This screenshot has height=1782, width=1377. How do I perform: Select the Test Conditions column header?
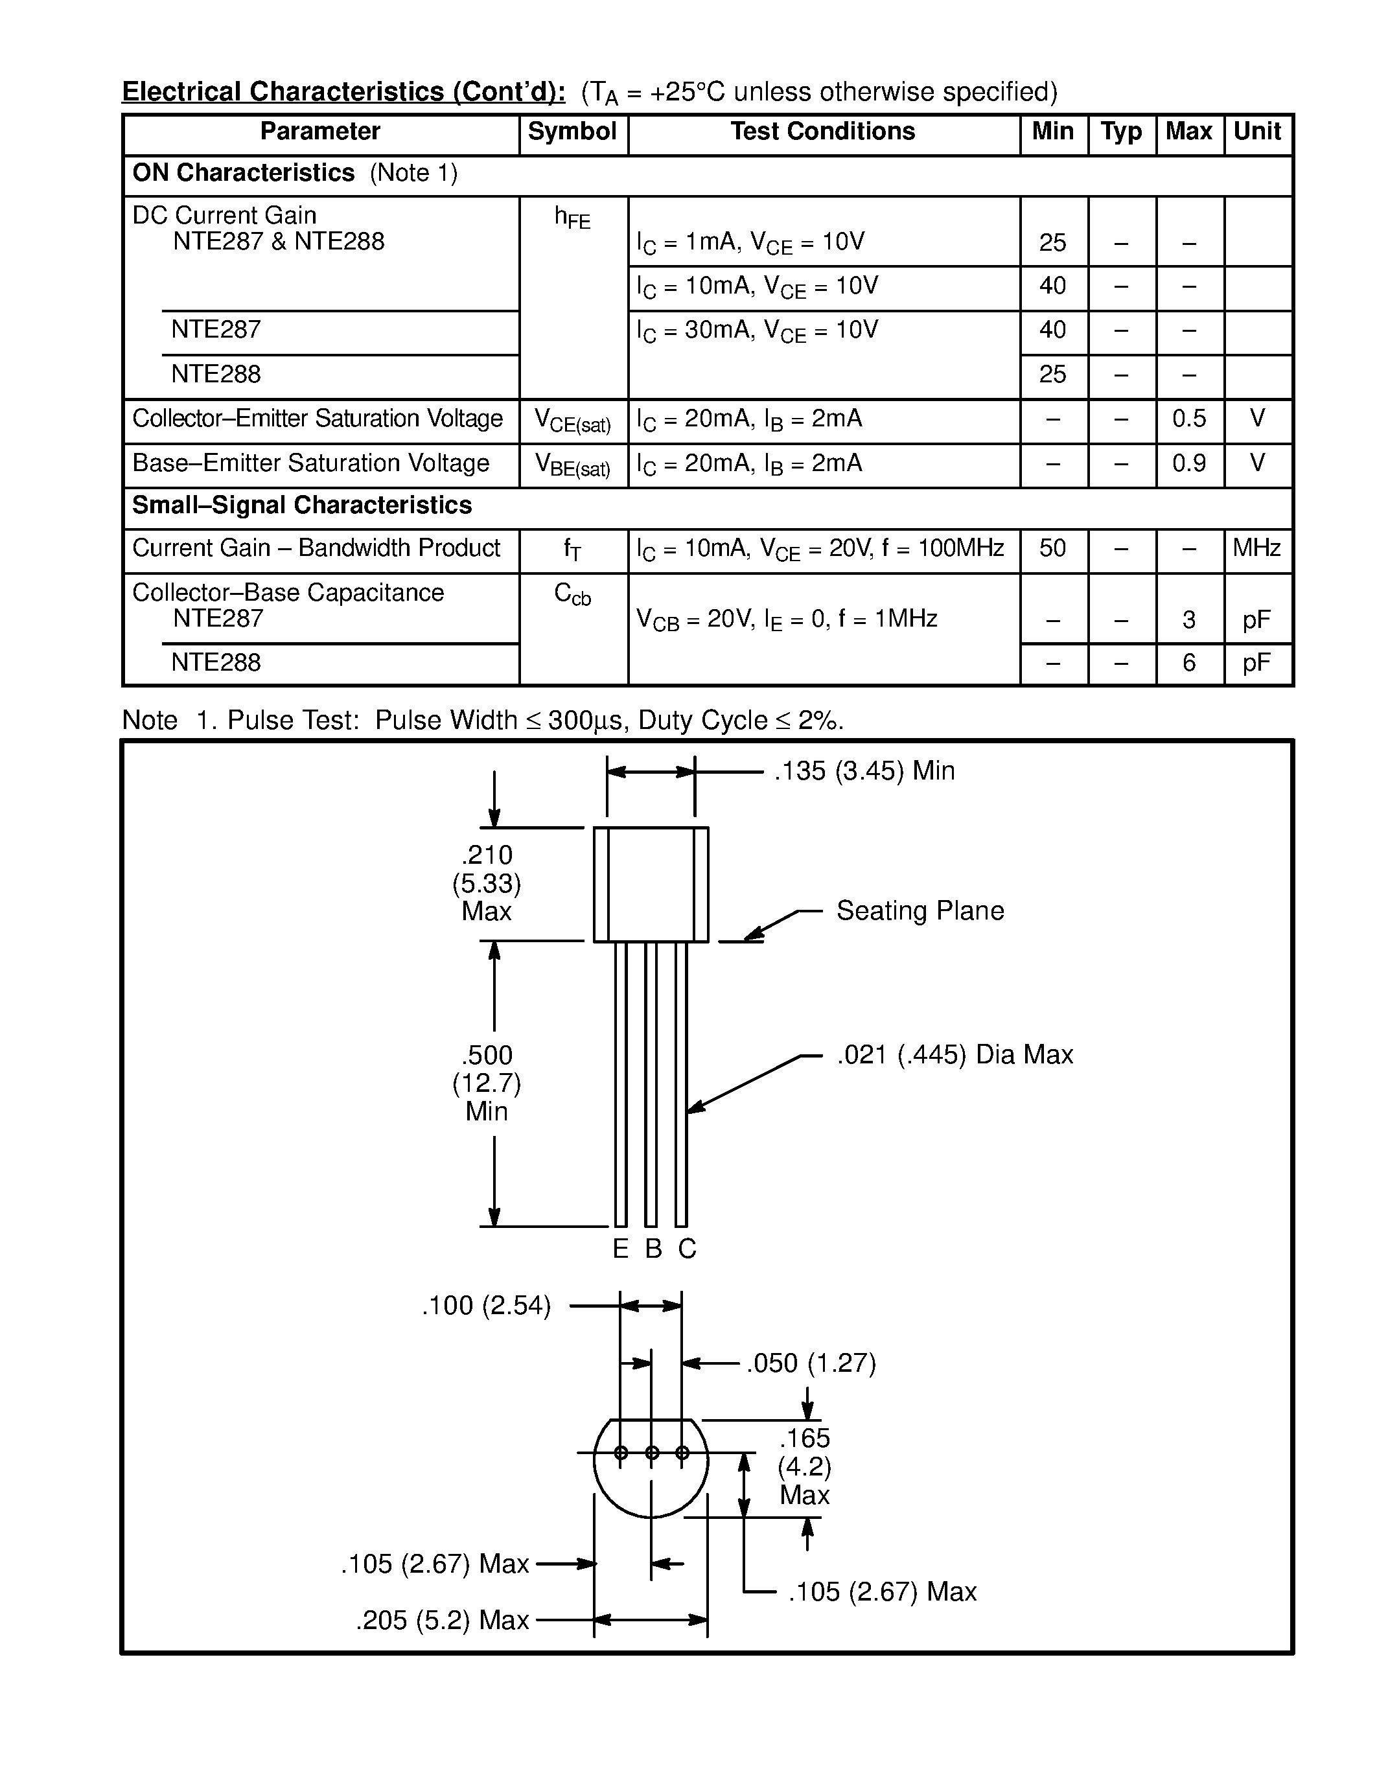click(822, 132)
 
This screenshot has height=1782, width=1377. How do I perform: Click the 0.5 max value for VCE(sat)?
click(1188, 419)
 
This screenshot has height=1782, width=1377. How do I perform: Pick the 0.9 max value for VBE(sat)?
click(1188, 463)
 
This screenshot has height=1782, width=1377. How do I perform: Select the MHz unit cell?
click(1256, 548)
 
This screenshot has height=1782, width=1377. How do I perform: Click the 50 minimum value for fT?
click(1052, 548)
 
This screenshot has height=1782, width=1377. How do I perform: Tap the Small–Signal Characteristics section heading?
click(302, 506)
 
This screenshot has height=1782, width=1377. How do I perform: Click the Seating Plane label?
click(920, 910)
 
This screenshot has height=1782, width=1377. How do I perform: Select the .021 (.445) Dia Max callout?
click(955, 1055)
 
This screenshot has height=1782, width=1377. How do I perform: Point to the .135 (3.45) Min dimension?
click(864, 771)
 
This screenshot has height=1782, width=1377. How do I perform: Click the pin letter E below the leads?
click(621, 1249)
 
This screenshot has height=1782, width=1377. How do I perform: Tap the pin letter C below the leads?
click(687, 1249)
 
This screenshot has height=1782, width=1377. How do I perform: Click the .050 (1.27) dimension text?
click(811, 1363)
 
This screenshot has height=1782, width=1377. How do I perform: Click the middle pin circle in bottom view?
click(652, 1452)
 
